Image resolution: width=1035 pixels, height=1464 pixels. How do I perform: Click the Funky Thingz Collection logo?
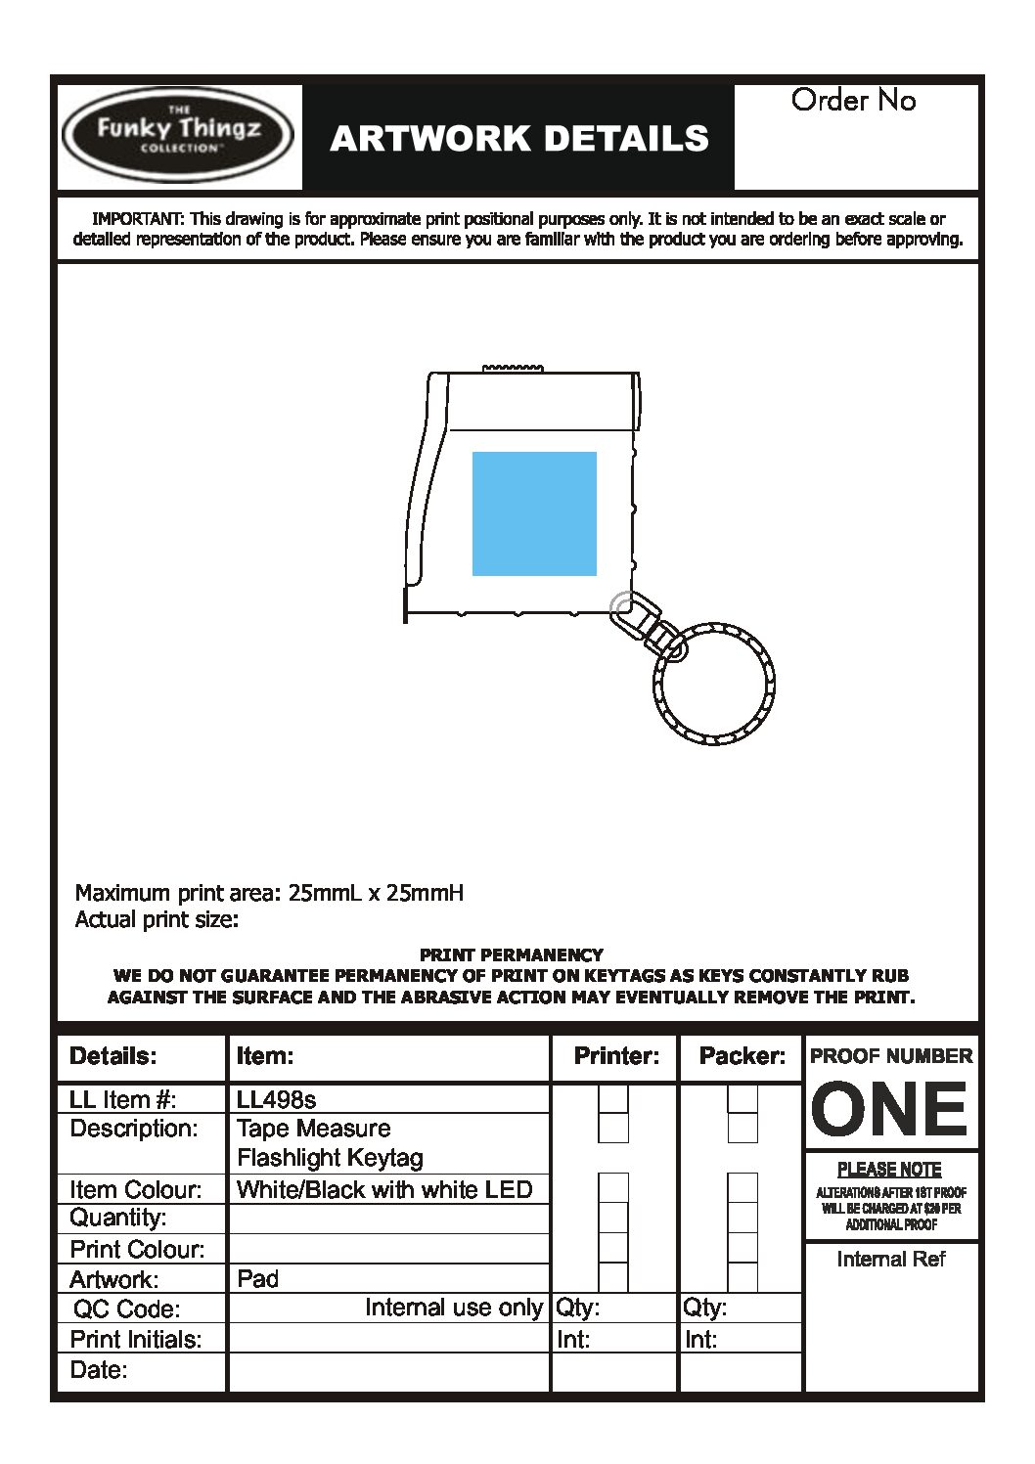tap(177, 135)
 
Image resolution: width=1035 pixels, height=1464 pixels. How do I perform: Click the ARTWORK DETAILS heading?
tap(518, 139)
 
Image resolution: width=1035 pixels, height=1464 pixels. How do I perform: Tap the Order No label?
tap(853, 100)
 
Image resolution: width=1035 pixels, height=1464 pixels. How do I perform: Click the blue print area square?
tap(534, 513)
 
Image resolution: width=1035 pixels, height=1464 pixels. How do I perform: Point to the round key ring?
tap(714, 683)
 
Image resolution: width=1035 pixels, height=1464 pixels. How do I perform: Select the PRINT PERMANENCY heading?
tap(511, 954)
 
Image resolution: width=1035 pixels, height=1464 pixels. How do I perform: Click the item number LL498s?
tap(277, 1099)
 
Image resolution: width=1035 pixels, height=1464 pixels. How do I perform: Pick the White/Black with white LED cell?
tap(384, 1189)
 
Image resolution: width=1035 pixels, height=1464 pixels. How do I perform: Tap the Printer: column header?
tap(616, 1056)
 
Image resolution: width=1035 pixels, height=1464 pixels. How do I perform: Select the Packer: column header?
tap(742, 1056)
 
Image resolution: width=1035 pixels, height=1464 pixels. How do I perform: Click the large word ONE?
tap(890, 1109)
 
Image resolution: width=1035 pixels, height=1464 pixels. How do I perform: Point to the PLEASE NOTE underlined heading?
tap(889, 1169)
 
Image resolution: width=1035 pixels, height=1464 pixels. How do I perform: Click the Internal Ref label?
tap(890, 1259)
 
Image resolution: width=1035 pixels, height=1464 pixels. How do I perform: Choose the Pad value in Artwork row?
tap(258, 1278)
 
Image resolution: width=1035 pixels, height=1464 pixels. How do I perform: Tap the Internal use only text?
tap(453, 1308)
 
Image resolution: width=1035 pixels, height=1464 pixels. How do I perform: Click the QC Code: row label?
tap(126, 1309)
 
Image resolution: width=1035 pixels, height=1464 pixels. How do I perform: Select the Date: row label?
tap(99, 1369)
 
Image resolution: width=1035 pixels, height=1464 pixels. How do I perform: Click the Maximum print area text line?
tap(269, 892)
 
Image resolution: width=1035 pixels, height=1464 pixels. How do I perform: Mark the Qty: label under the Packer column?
tap(704, 1308)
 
